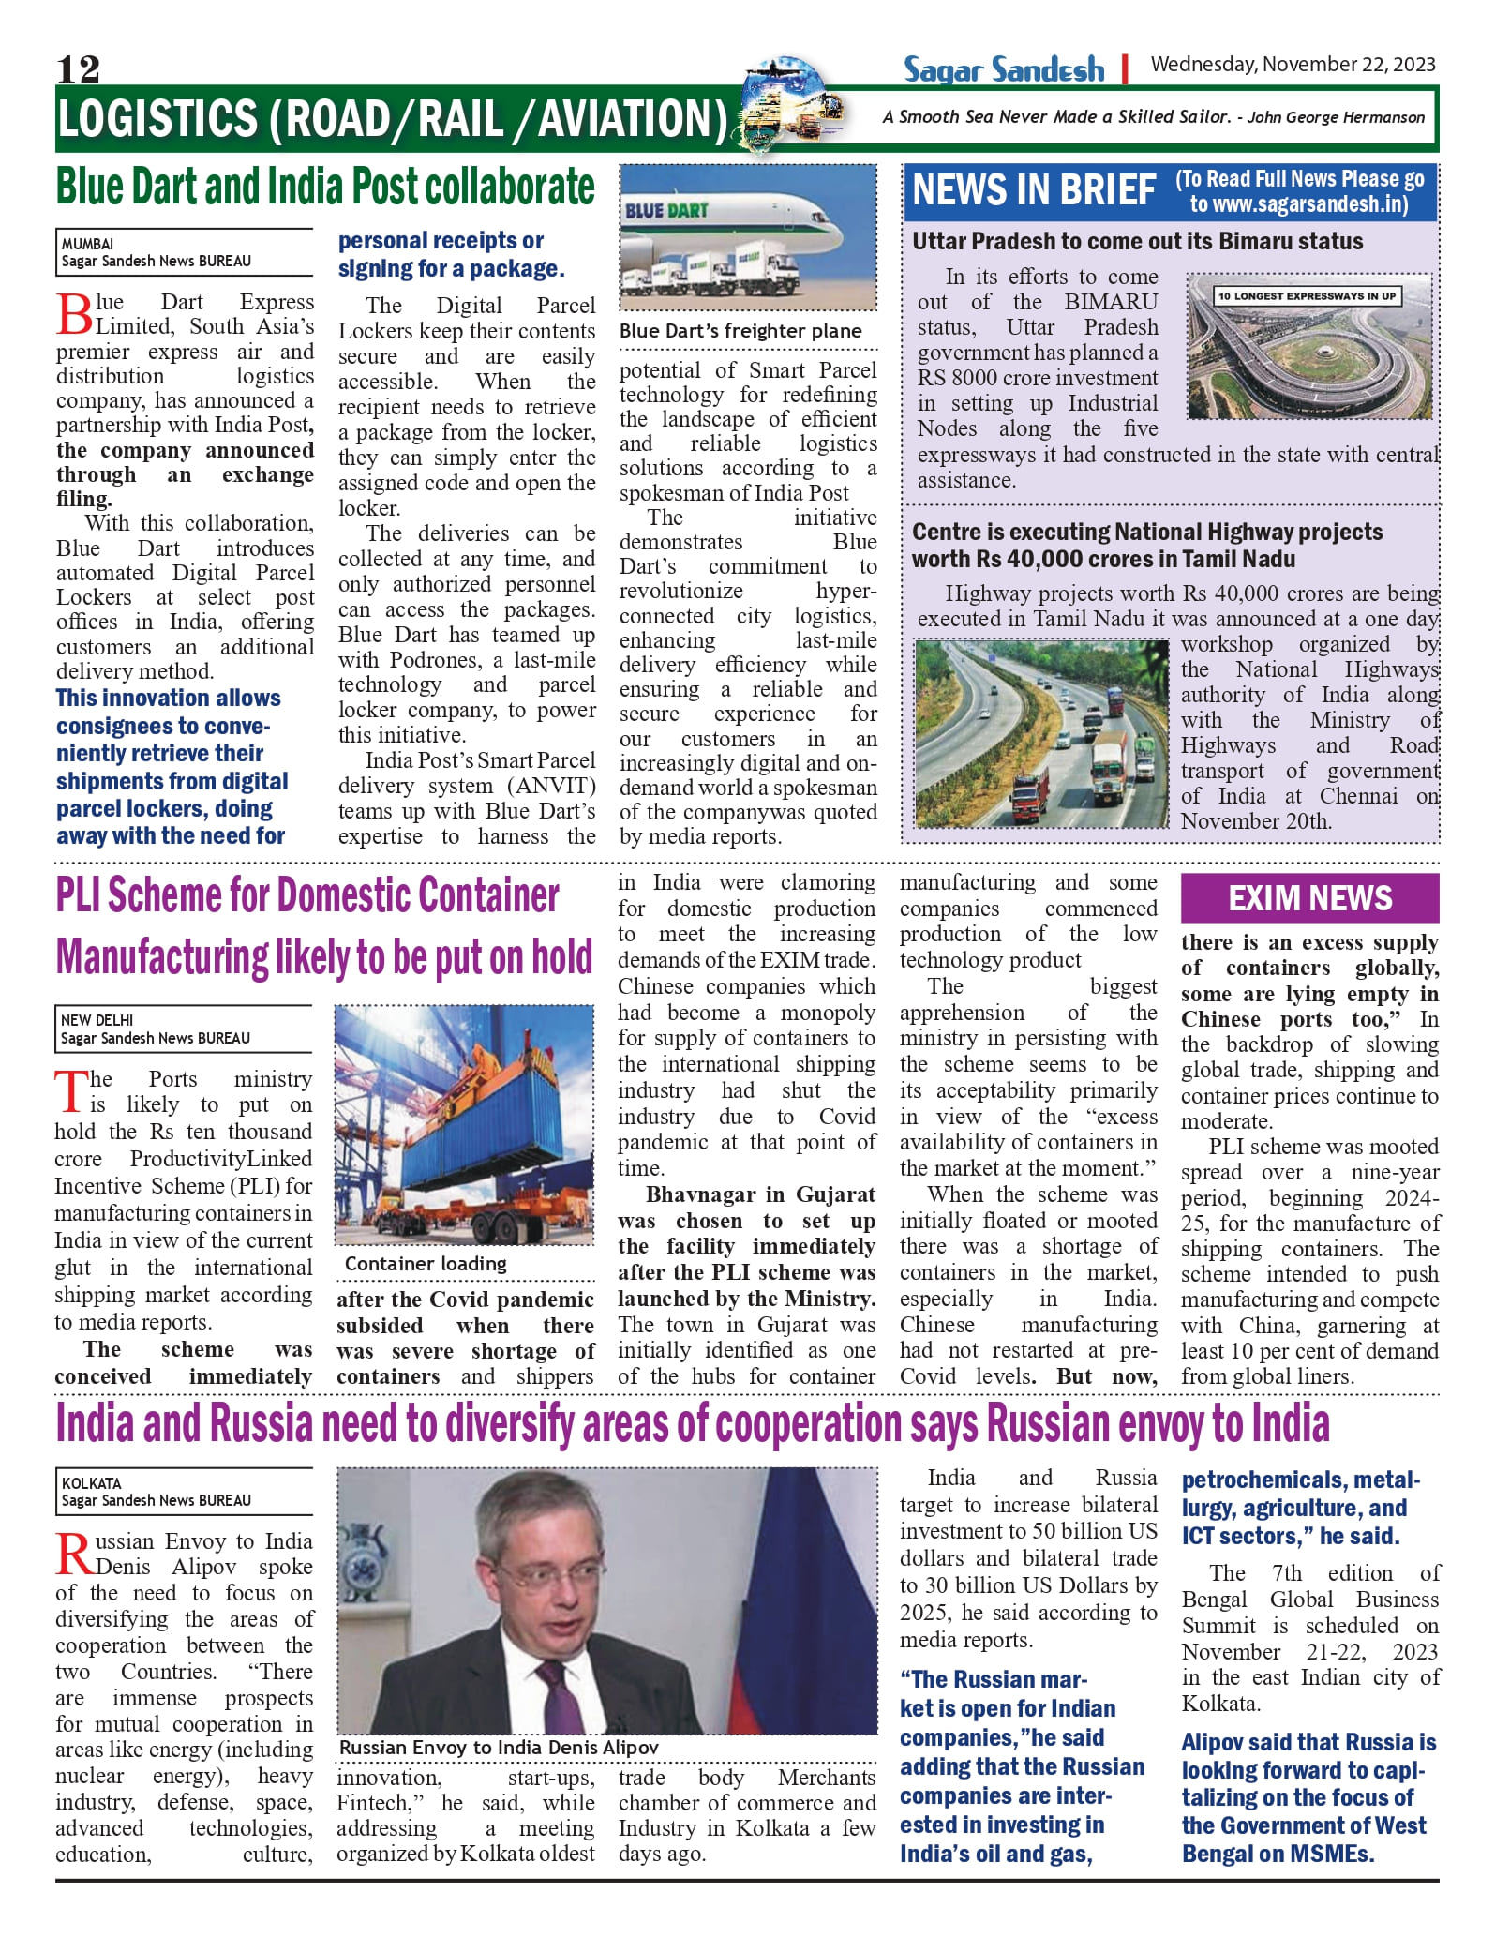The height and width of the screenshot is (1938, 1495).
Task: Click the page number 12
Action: point(78,68)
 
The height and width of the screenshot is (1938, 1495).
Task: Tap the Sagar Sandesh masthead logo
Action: point(1003,69)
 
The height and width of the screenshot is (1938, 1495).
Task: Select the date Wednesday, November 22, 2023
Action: point(1293,65)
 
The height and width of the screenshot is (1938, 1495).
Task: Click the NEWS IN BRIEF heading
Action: point(1034,190)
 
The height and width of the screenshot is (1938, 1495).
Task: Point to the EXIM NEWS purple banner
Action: point(1309,898)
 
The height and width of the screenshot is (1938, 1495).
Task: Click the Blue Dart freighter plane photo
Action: point(748,238)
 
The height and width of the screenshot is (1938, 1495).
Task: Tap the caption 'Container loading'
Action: point(426,1264)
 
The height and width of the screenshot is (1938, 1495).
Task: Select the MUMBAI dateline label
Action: point(87,244)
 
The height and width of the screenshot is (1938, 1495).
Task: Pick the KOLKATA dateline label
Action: point(91,1483)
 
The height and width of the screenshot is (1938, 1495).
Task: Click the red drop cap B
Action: point(74,314)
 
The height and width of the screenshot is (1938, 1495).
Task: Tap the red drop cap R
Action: point(74,1555)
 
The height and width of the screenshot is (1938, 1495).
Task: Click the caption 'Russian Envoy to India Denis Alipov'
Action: point(499,1748)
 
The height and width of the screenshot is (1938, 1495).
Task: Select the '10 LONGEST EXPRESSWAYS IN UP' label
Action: point(1307,296)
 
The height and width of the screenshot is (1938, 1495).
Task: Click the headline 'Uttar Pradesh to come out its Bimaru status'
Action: point(1137,241)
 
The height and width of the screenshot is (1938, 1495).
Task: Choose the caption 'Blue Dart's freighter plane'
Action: point(740,331)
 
